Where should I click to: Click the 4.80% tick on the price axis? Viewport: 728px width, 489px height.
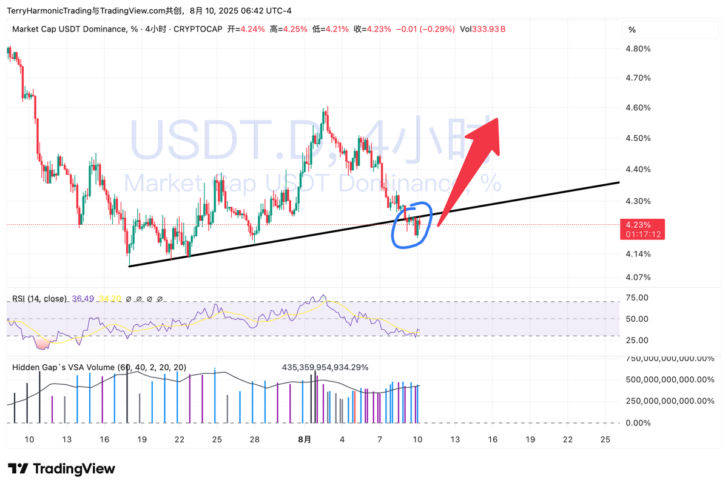click(x=638, y=49)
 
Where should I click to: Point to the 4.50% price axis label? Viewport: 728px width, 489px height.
click(x=638, y=138)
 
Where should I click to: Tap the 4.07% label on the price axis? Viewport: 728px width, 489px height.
click(x=638, y=278)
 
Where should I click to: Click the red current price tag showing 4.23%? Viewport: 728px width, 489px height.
click(x=642, y=228)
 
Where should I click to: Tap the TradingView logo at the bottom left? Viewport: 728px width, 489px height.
click(x=61, y=468)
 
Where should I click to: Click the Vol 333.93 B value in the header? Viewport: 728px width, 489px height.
click(x=483, y=29)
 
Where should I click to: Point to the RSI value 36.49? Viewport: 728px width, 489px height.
click(x=83, y=299)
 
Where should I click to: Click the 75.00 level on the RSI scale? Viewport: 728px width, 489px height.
click(x=637, y=298)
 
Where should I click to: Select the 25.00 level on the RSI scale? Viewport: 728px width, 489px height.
click(x=637, y=340)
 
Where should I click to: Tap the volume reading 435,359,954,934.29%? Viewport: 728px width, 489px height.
click(x=325, y=367)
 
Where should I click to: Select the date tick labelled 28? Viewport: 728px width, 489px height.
click(x=255, y=439)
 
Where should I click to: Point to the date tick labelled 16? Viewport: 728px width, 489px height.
click(x=104, y=439)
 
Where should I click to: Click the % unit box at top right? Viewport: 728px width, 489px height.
click(x=632, y=30)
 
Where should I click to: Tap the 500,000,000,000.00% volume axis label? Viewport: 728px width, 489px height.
click(x=670, y=380)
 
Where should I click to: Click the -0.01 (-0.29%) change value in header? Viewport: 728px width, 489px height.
click(x=425, y=29)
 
